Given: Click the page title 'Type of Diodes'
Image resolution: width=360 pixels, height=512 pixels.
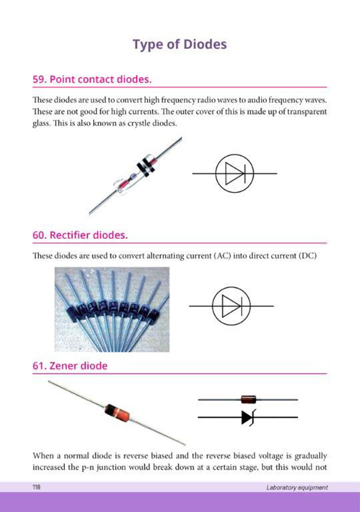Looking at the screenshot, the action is click(x=180, y=45).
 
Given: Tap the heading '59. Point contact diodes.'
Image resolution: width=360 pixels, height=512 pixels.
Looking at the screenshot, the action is click(x=92, y=79).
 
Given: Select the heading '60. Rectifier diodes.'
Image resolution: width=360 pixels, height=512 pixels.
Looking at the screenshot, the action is click(x=80, y=235).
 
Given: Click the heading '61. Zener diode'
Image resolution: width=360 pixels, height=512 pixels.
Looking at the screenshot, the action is click(x=70, y=366).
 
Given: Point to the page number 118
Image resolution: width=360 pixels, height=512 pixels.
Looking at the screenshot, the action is click(x=36, y=487).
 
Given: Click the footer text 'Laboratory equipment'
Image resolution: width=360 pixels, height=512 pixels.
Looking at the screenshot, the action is click(x=297, y=487).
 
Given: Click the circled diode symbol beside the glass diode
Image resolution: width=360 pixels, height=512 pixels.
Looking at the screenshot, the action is click(x=235, y=174).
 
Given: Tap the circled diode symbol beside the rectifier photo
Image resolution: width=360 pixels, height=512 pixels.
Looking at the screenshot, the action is click(x=231, y=306).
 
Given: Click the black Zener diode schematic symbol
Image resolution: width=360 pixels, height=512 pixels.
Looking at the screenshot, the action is click(x=248, y=417).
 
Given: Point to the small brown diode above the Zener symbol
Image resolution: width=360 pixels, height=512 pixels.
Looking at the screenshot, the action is click(x=249, y=399).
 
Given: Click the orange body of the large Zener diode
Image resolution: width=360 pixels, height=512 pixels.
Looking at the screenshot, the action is click(x=117, y=412).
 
